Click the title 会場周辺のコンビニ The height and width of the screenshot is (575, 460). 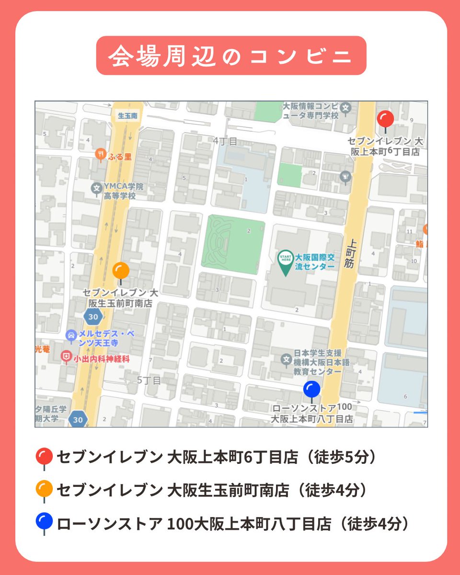point(231,56)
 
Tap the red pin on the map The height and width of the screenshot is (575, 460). point(385,119)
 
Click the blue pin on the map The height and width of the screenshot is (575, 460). point(311,389)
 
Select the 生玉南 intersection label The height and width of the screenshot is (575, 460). point(127,115)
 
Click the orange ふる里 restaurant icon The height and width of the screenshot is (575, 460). point(101,154)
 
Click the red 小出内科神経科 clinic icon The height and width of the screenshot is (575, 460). point(66,356)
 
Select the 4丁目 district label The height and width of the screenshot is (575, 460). point(225,141)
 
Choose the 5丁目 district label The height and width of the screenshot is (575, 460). point(149,380)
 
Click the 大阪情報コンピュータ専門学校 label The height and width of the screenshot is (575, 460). point(310,111)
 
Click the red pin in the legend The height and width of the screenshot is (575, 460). point(44,456)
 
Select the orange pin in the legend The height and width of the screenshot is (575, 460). point(44,489)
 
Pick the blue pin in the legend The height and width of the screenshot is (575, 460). point(44,522)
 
